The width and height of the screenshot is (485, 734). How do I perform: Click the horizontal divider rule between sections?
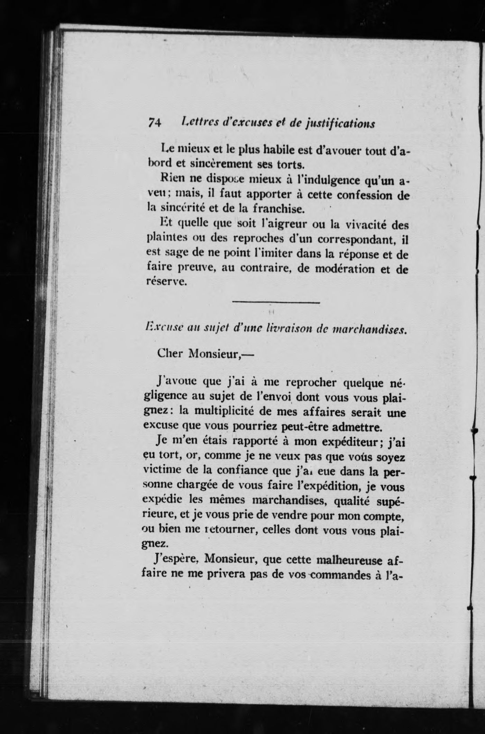[x=276, y=303]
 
